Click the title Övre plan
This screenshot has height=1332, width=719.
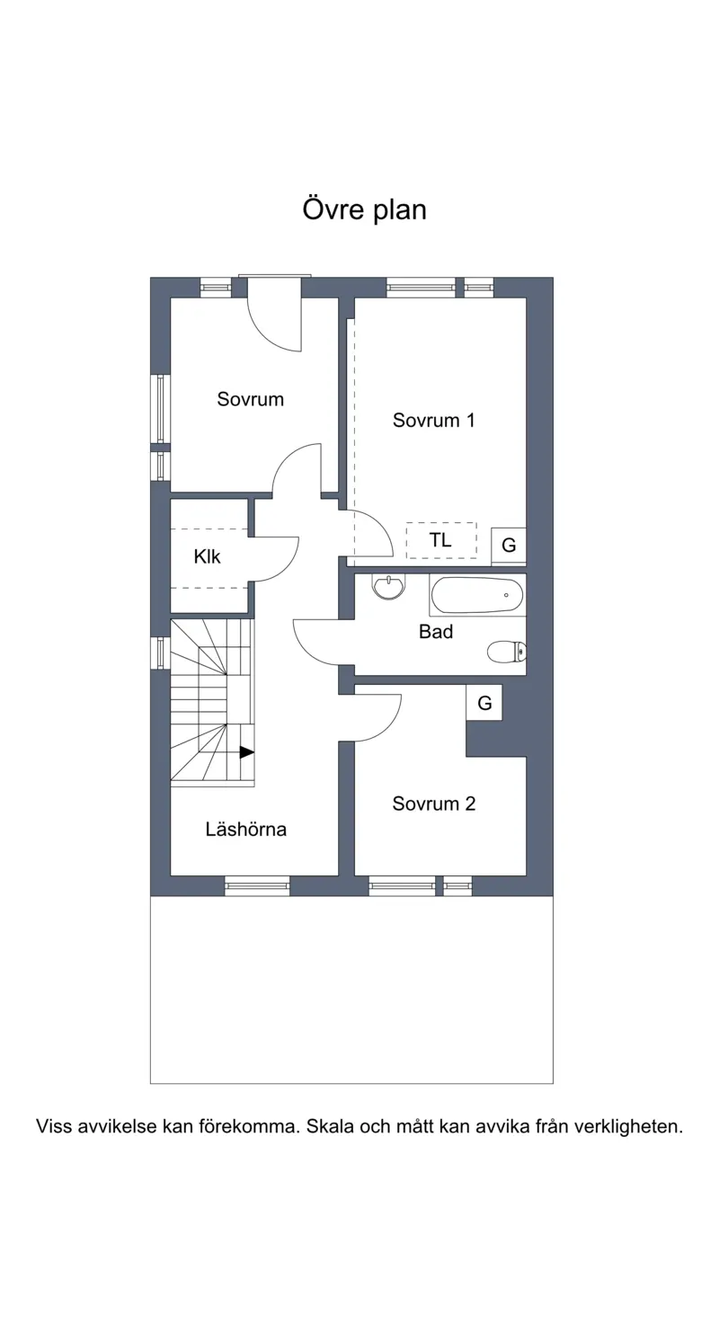pos(365,210)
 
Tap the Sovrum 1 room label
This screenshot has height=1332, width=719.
pos(433,421)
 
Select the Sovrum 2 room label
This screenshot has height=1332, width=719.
pos(433,804)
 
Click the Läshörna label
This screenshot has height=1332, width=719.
pos(245,829)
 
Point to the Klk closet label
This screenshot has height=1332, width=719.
pos(207,556)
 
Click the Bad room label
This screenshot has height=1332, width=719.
pos(436,632)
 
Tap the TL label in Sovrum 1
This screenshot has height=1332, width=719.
pos(440,540)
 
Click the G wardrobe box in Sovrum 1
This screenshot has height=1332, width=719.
pos(509,545)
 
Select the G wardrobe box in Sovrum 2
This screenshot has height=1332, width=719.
pos(484,703)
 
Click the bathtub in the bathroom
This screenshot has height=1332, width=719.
pos(477,595)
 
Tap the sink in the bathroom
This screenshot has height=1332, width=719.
pos(388,586)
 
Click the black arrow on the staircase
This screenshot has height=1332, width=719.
pos(247,752)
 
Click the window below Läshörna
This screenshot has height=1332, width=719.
pos(257,886)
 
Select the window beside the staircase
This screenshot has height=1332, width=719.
pos(161,653)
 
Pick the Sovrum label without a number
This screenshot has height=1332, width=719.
pos(251,399)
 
